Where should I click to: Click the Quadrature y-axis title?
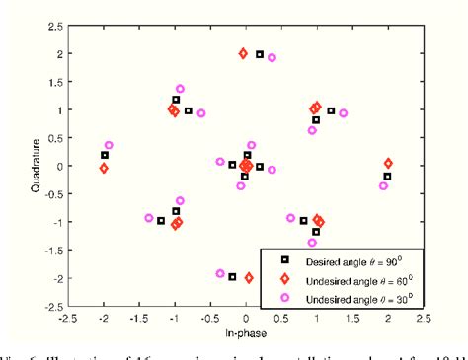[x=10, y=167]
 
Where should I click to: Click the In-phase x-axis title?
[x=245, y=336]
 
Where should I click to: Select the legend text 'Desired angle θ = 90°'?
[x=353, y=259]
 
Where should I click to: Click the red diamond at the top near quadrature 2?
[x=243, y=53]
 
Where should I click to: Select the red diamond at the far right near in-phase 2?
[x=388, y=163]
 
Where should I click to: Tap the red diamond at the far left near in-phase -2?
[x=104, y=169]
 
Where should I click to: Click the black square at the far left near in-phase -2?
[x=105, y=155]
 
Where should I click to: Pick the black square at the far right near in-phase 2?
[x=387, y=177]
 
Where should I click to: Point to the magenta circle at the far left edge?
[x=109, y=145]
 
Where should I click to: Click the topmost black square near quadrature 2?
[x=259, y=54]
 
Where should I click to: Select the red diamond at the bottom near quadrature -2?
[x=249, y=278]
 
